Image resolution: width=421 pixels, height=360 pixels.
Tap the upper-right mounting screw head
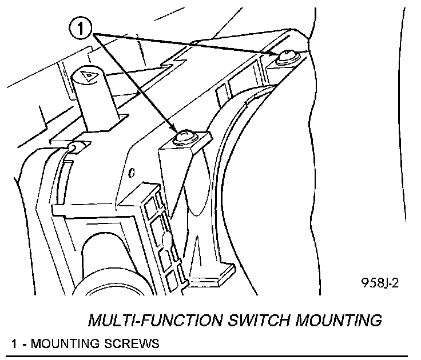click(x=285, y=56)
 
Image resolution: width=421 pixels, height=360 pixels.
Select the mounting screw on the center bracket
click(x=185, y=137)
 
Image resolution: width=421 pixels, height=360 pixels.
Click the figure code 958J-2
click(x=379, y=283)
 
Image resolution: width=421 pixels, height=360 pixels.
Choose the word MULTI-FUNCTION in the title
click(x=150, y=320)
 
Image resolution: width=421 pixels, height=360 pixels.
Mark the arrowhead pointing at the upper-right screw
click(x=273, y=53)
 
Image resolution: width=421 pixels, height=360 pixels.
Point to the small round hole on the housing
click(x=132, y=172)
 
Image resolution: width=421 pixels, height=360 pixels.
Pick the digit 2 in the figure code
click(x=395, y=283)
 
